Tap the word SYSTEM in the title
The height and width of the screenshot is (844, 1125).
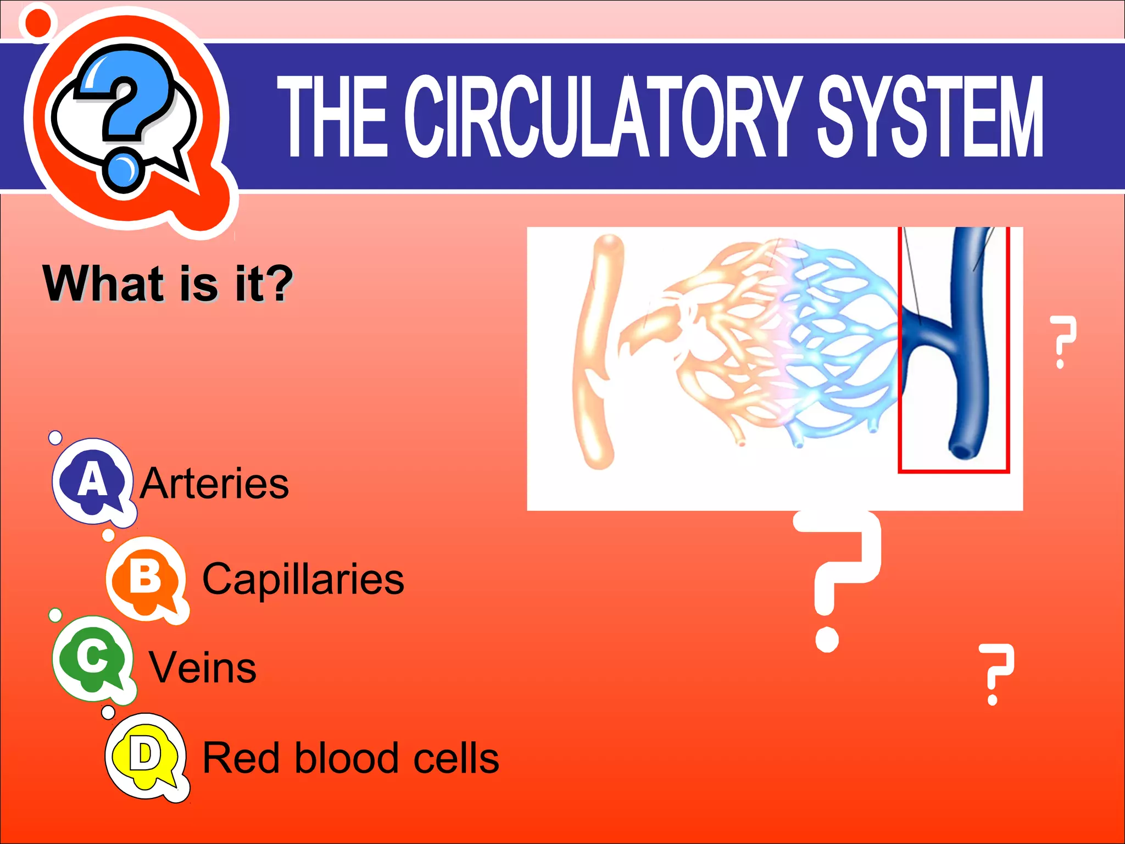(x=929, y=116)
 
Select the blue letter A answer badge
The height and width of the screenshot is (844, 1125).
(x=92, y=480)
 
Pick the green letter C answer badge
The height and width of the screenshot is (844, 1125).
(x=92, y=657)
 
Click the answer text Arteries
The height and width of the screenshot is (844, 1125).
(x=214, y=484)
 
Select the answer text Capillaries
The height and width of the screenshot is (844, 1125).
(x=303, y=579)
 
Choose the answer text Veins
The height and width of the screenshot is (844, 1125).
(x=203, y=668)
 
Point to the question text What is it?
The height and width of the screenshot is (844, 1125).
(x=168, y=284)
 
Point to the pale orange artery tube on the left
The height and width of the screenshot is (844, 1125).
(x=594, y=352)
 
